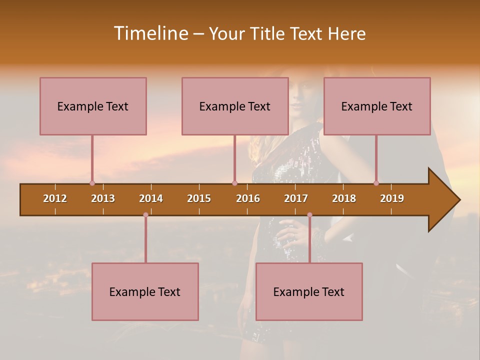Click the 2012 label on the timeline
coord(55,198)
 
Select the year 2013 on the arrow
coord(103,198)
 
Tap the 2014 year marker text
coord(151,198)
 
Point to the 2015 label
coord(199,198)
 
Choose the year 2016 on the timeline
coord(248,198)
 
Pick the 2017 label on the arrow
coord(296,198)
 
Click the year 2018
coord(344,198)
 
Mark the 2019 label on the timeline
coord(392,198)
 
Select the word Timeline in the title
coord(150,33)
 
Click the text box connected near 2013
coord(93,106)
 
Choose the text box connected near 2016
coord(235,106)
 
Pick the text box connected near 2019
coord(377,106)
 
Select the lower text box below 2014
coord(145,291)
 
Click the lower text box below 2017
coord(309,291)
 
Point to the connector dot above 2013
coord(92,183)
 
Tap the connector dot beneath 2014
coord(145,214)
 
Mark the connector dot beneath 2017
coord(309,214)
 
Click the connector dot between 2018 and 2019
coord(376,183)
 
